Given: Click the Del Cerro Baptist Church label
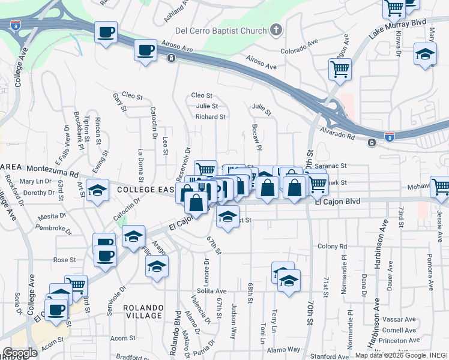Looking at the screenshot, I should click(x=220, y=31).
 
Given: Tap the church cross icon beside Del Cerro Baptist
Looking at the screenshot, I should click(x=276, y=29).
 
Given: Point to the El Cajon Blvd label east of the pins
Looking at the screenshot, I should click(x=337, y=202).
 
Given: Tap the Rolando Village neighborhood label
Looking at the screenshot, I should click(x=143, y=311).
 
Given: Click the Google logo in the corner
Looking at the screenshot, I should click(x=20, y=353).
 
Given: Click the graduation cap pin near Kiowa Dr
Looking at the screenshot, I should click(x=425, y=55).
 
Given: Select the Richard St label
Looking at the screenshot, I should click(x=211, y=117).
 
